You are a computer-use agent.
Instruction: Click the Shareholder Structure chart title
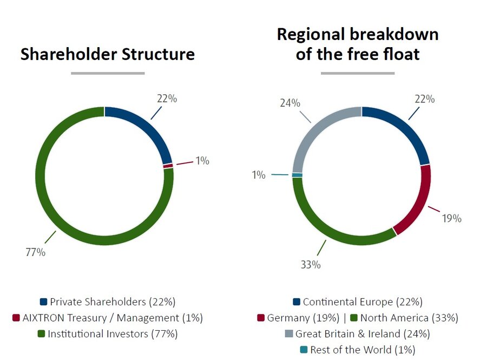(108, 54)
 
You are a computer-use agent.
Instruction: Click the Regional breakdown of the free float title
(358, 44)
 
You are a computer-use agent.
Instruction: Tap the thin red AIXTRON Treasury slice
(168, 166)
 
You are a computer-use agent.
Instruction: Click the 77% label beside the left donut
(35, 252)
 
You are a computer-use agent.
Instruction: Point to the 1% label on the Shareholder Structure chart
(202, 161)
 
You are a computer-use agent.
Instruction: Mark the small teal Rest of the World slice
(297, 175)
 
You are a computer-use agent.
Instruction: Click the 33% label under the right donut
(311, 265)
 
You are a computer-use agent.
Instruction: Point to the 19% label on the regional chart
(452, 218)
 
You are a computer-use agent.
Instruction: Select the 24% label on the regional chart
(290, 103)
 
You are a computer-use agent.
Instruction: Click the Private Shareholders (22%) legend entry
(108, 302)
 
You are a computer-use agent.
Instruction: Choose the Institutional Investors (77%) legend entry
(108, 334)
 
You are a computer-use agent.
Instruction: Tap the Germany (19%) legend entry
(298, 318)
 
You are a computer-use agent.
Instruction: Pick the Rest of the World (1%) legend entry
(358, 350)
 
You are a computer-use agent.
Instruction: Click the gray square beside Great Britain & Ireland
(288, 334)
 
